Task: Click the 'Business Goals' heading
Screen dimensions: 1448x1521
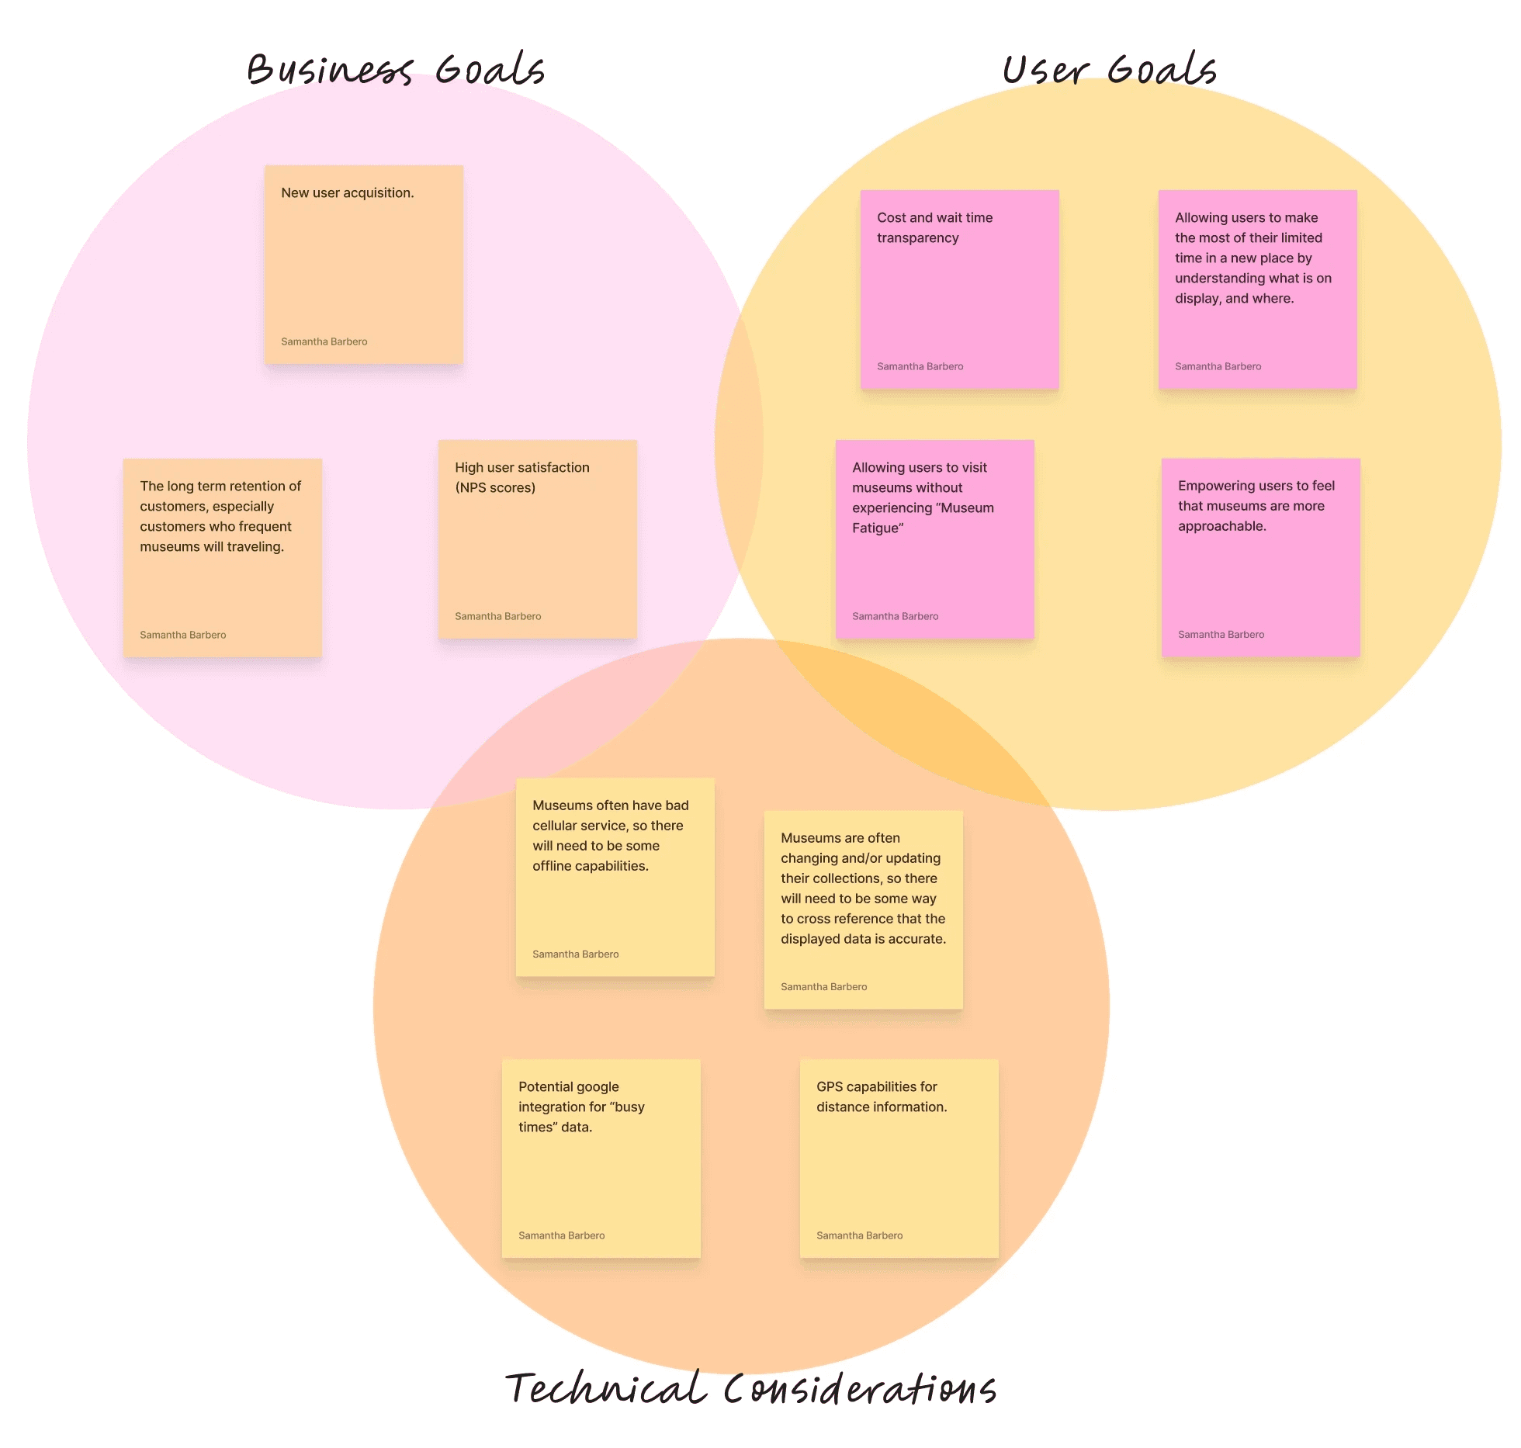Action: coord(396,70)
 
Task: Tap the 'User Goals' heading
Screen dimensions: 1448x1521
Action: coord(1109,70)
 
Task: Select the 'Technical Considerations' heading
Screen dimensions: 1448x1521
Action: coord(750,1389)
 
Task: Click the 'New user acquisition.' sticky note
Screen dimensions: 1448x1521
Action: coord(364,265)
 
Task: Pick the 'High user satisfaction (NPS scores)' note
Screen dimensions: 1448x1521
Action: coord(538,539)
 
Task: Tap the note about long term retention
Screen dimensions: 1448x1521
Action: coord(223,558)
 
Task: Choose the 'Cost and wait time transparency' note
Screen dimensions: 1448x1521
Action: coord(960,289)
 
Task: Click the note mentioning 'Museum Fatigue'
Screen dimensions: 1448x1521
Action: coord(935,539)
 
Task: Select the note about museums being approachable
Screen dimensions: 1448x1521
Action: coord(1261,558)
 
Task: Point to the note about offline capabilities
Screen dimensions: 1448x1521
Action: coord(615,877)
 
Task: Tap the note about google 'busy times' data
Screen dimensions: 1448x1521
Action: coord(601,1159)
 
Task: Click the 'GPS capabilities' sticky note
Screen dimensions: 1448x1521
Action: coord(899,1159)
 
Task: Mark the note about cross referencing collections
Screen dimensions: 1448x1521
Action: coord(864,910)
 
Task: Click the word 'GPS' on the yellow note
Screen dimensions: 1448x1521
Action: coord(830,1087)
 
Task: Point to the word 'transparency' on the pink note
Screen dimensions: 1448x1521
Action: coord(918,238)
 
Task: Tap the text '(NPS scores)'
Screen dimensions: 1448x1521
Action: coord(495,488)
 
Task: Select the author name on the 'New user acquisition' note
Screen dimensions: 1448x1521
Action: coord(324,342)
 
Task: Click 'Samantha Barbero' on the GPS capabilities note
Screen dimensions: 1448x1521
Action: coord(860,1236)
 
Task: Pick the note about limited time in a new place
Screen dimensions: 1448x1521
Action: coord(1258,289)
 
